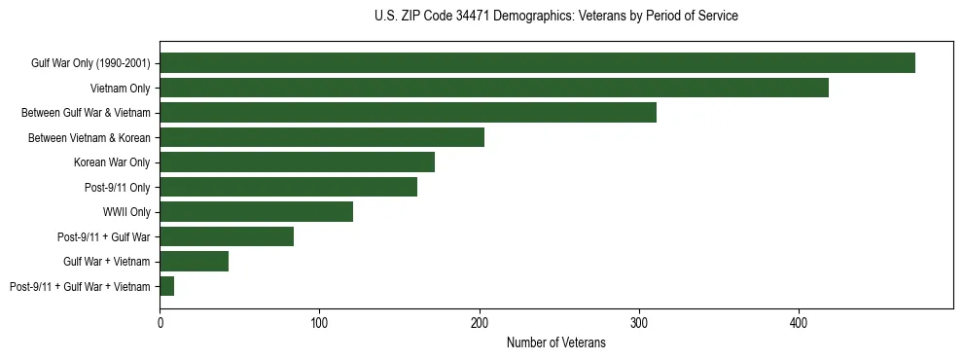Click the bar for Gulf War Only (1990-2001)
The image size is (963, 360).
pos(537,63)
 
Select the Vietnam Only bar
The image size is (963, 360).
pos(494,88)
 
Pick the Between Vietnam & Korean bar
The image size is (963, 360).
pos(322,137)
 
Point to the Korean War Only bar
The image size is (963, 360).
pos(298,162)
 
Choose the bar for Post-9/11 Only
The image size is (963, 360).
pos(289,187)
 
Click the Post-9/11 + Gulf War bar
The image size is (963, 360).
pos(227,236)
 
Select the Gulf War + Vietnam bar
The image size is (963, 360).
pos(195,262)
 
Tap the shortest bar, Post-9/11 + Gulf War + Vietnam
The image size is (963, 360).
pos(167,286)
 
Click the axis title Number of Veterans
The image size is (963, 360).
pos(556,342)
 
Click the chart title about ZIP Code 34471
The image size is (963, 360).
pos(556,17)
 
